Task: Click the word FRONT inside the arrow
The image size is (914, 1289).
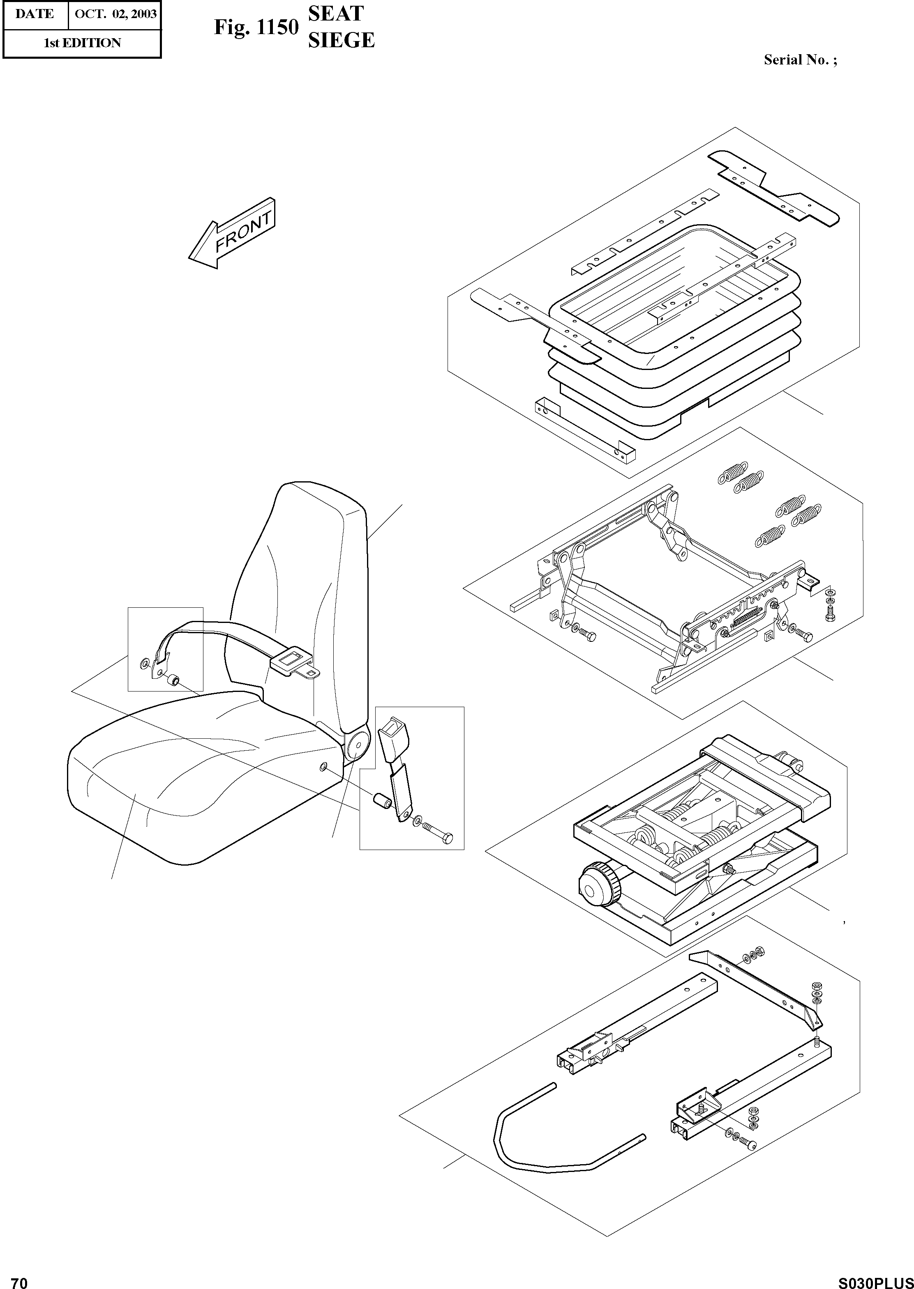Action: [244, 233]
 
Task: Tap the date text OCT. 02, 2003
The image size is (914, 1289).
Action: [115, 14]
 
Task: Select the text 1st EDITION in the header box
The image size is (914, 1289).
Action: [82, 43]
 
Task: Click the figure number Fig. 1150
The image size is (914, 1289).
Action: [256, 27]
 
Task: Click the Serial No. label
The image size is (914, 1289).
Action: [800, 60]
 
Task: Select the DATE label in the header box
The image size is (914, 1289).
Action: [35, 14]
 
